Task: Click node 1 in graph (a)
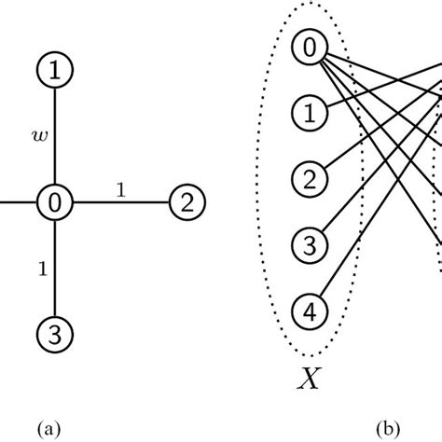tap(54, 69)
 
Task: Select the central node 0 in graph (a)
tap(54, 201)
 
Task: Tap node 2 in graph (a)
tap(186, 202)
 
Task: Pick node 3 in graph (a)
tap(54, 331)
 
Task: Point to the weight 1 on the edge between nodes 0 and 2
tap(120, 190)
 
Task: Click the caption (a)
tap(54, 427)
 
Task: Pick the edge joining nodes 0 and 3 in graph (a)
tap(54, 280)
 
